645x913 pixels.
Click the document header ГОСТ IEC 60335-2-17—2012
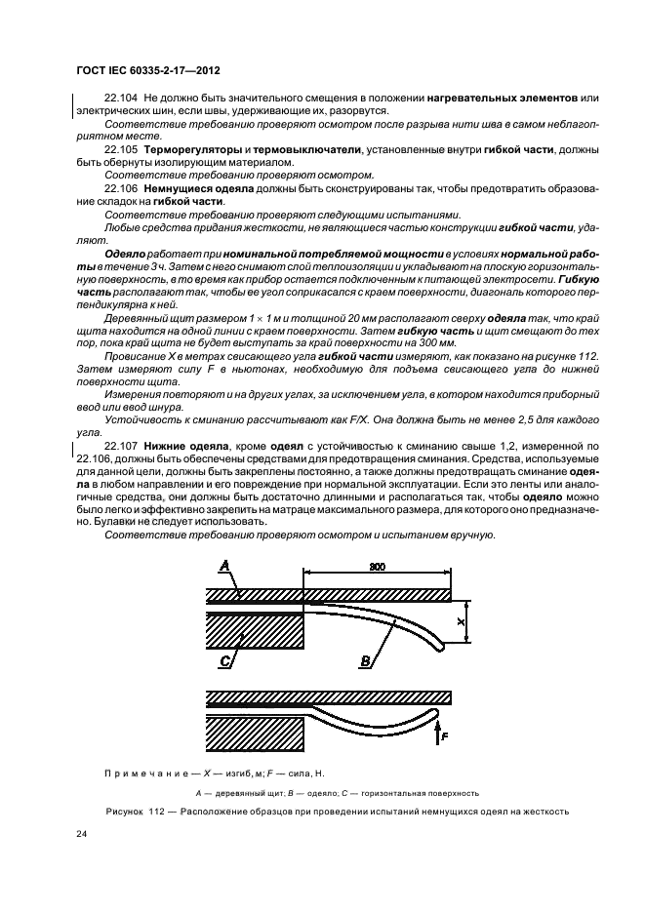(146, 70)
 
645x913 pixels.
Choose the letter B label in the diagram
(365, 661)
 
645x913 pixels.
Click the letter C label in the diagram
(224, 661)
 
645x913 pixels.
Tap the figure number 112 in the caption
(156, 811)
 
